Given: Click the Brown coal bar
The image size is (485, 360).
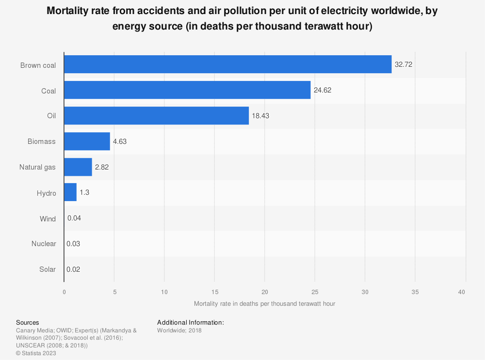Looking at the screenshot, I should click(227, 64).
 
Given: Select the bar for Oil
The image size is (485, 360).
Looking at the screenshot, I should click(156, 116).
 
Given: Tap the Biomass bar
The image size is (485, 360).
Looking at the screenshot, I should click(87, 141).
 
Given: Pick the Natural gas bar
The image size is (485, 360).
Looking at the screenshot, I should click(78, 167).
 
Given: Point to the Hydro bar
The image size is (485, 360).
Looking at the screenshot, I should click(70, 193).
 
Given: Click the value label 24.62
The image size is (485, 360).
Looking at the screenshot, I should click(323, 90).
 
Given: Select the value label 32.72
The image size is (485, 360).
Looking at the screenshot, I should click(404, 64).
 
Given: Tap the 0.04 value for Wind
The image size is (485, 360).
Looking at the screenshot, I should click(74, 219).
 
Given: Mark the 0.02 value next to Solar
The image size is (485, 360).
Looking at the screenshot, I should click(74, 270).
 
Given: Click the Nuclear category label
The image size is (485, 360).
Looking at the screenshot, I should click(44, 244).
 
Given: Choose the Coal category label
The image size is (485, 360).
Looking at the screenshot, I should click(48, 91).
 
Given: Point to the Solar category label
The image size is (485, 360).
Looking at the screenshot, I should click(48, 269).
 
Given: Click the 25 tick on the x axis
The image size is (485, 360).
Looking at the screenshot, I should click(315, 292).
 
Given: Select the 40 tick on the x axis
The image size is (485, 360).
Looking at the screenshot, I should click(466, 292).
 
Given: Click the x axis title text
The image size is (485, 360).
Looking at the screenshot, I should click(264, 304).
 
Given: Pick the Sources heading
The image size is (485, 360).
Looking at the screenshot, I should click(28, 322).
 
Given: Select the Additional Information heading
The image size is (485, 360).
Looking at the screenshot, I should click(191, 322).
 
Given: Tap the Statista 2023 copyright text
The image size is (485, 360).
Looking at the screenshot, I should click(36, 353).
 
